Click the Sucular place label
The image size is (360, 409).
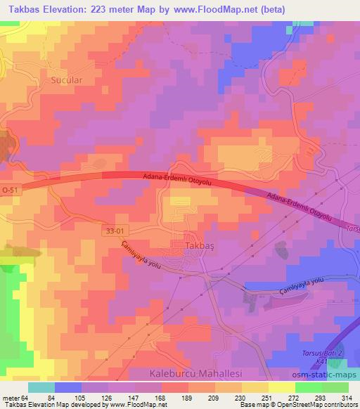click(67, 80)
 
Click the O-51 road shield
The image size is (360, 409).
click(11, 190)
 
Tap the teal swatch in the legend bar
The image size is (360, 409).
click(42, 387)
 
